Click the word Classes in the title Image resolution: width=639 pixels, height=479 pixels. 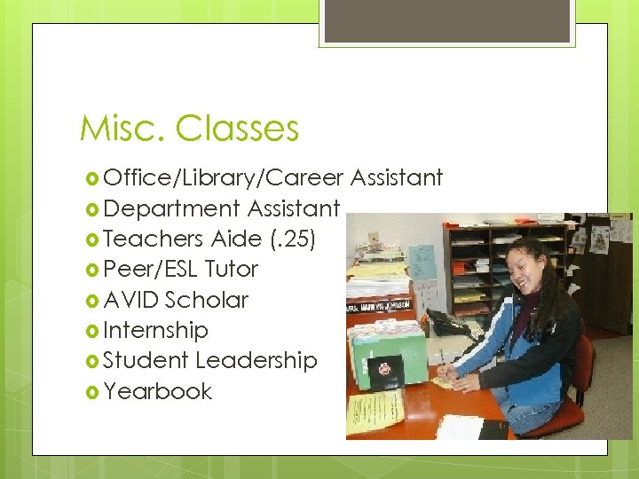[x=237, y=129]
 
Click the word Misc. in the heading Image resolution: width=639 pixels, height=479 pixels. [x=123, y=129]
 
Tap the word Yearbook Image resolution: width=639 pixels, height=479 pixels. [x=157, y=391]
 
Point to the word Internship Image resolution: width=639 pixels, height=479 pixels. [x=155, y=331]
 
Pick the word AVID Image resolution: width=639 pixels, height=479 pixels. [x=131, y=300]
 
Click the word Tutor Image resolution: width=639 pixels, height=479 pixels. [x=231, y=269]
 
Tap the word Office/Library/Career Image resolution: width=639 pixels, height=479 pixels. [x=223, y=178]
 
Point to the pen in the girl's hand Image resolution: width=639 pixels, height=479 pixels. [x=442, y=359]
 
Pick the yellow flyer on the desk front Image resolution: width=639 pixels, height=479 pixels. [x=375, y=410]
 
